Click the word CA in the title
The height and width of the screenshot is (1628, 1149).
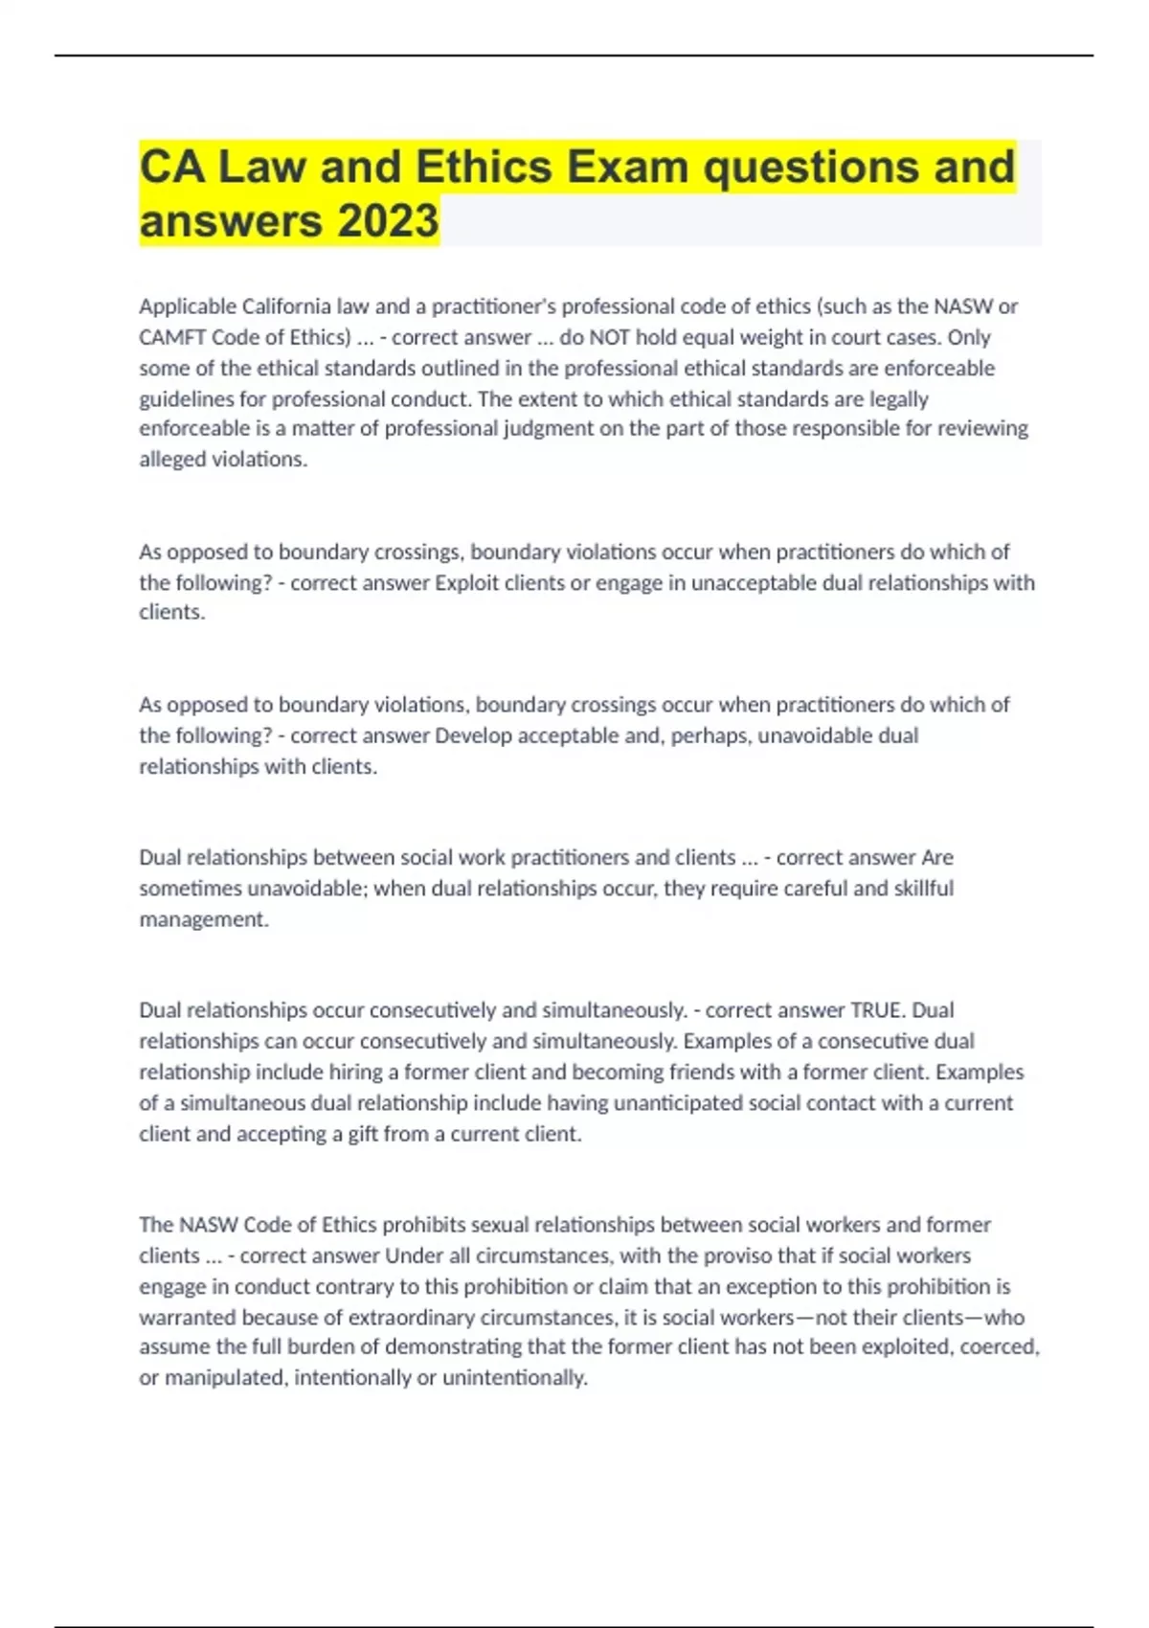(171, 167)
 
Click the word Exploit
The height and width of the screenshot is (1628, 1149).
(467, 582)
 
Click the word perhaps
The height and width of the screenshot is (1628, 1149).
(711, 735)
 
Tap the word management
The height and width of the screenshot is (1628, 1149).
(203, 919)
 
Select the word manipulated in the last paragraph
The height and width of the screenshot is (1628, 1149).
(224, 1378)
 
